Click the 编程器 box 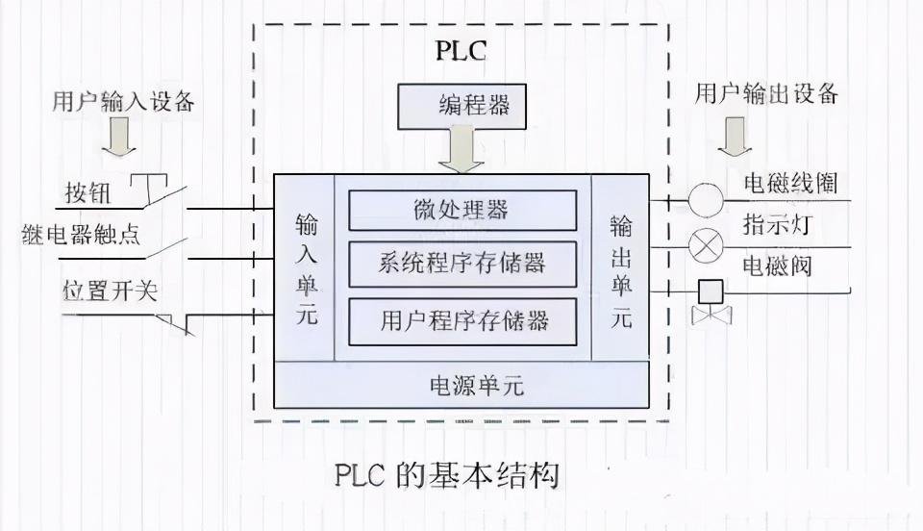pos(461,107)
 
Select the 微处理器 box pos(462,210)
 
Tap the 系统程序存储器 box pos(462,264)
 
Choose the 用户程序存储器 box pos(462,321)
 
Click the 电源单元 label pos(477,386)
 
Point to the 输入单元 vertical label pos(307,269)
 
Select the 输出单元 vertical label pos(621,271)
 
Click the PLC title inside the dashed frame pos(461,51)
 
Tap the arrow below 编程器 pos(461,151)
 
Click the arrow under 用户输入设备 pos(119,137)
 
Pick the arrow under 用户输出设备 pos(734,136)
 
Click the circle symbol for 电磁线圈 pos(705,200)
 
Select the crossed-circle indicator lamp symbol pos(705,246)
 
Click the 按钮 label pos(87,192)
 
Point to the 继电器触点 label pos(81,235)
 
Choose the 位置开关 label pos(110,291)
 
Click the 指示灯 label pos(777,224)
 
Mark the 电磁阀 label pos(777,266)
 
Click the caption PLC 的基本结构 pos(447,475)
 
